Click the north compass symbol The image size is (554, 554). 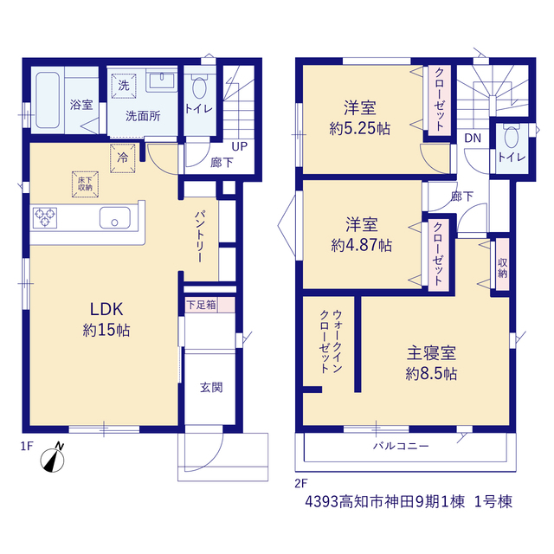(x=53, y=458)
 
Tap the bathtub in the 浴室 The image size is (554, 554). (x=48, y=100)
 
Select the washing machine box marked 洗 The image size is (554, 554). (x=124, y=86)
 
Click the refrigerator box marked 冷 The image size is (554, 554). (x=123, y=158)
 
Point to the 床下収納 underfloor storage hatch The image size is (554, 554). (x=85, y=184)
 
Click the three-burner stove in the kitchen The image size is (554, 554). (x=45, y=217)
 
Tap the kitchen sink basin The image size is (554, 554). (x=115, y=217)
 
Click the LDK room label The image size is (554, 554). (x=106, y=310)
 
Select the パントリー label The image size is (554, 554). (x=200, y=236)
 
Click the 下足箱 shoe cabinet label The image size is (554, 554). (x=201, y=305)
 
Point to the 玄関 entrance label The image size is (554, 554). (x=211, y=388)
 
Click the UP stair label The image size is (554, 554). (x=240, y=146)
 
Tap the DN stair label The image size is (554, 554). (x=473, y=138)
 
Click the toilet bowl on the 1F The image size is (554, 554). (x=199, y=87)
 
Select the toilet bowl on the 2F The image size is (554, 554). (x=512, y=137)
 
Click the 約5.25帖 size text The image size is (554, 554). (x=360, y=128)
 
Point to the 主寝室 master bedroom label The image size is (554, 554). (x=431, y=352)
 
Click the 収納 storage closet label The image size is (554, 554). (x=502, y=267)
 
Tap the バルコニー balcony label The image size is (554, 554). (x=401, y=446)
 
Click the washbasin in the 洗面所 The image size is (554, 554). (x=162, y=81)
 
